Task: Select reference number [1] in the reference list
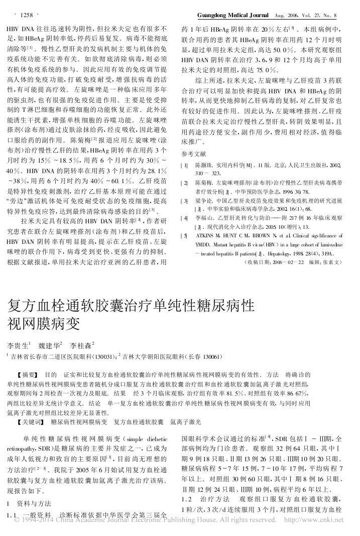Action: pos(185,165)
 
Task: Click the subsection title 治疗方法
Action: pos(214,498)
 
